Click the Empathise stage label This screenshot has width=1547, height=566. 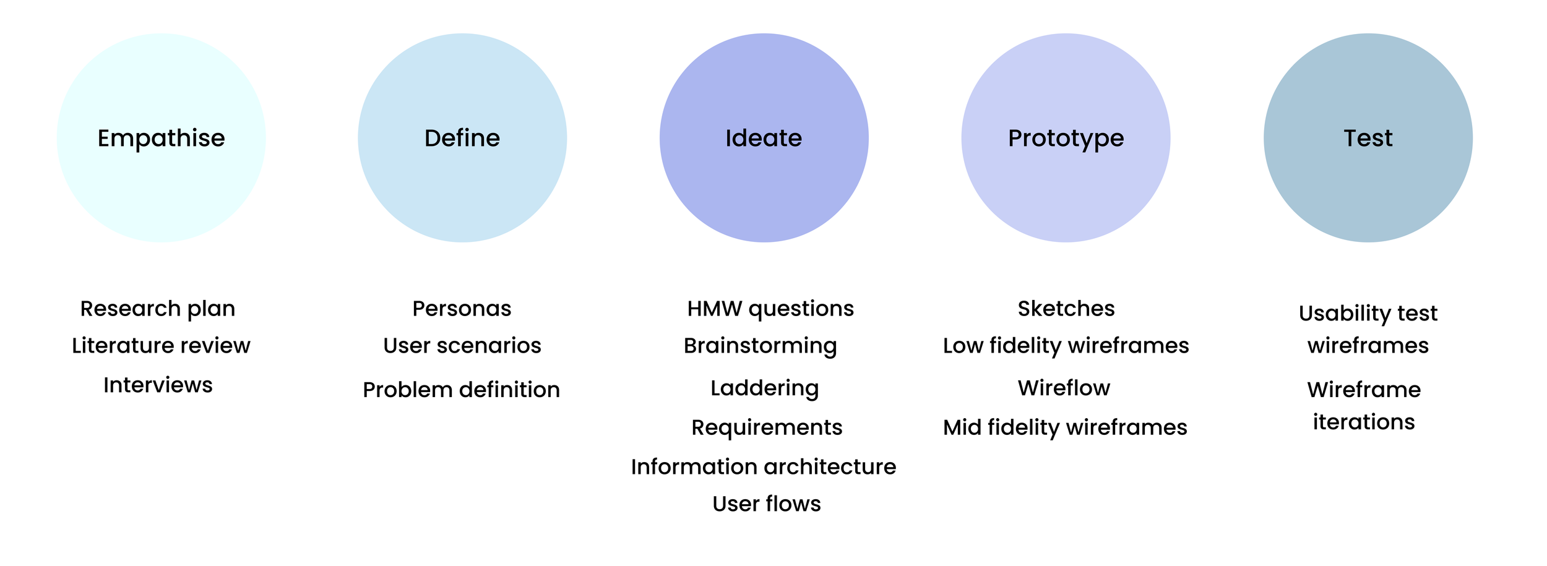[x=161, y=138]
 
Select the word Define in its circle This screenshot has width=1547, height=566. [x=462, y=138]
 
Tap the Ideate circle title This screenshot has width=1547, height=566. [x=764, y=138]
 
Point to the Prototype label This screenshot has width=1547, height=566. [x=1066, y=138]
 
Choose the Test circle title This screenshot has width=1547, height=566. [x=1368, y=138]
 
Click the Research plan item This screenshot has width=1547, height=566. [x=158, y=309]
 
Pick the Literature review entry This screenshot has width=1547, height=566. [x=161, y=345]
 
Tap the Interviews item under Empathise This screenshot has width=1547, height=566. [x=158, y=385]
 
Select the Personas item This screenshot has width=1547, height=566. [x=462, y=309]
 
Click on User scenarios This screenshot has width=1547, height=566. [x=462, y=345]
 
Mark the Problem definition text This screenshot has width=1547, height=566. [x=461, y=390]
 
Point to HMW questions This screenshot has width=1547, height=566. [x=770, y=309]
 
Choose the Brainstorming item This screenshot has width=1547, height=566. [x=760, y=346]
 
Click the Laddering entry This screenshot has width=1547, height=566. [x=764, y=388]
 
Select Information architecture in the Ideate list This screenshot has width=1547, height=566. [x=764, y=466]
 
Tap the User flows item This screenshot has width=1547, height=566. [x=766, y=504]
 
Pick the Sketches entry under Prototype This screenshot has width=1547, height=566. [x=1066, y=309]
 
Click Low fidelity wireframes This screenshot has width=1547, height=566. [x=1066, y=346]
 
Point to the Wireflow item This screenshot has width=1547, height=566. [x=1064, y=388]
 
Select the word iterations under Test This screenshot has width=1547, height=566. [x=1364, y=422]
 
